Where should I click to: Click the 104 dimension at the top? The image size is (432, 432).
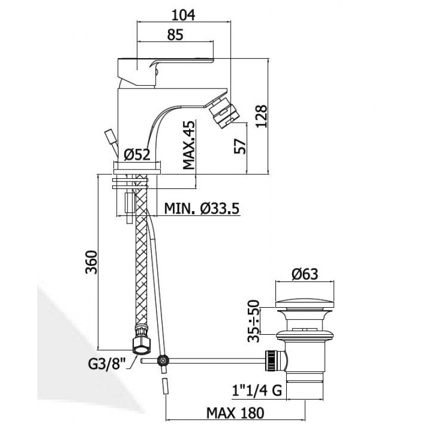click(183, 15)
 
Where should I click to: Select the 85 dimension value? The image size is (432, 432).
click(175, 35)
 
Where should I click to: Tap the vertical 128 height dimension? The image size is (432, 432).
click(261, 116)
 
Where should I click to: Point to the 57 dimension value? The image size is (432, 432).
click(239, 146)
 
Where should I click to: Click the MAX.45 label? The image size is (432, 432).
click(188, 145)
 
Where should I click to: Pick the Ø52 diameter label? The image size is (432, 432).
click(137, 154)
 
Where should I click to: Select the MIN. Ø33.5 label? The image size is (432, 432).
click(201, 208)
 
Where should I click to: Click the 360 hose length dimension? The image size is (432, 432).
click(91, 262)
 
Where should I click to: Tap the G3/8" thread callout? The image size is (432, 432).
click(107, 364)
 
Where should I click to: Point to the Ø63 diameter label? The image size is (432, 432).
click(305, 274)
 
